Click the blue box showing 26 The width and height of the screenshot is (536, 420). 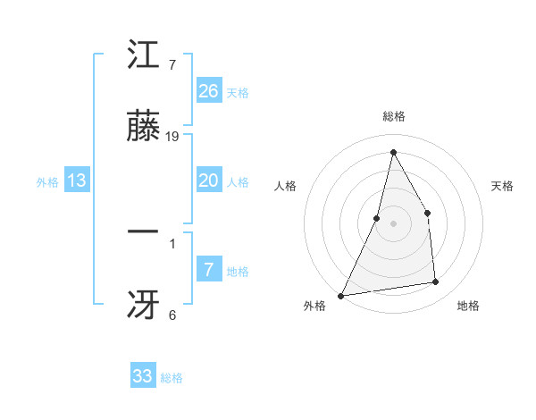pyautogui.click(x=208, y=91)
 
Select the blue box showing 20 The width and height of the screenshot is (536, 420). pyautogui.click(x=208, y=181)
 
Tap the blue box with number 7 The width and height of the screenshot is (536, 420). pyautogui.click(x=208, y=270)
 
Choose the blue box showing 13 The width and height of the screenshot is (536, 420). pyautogui.click(x=77, y=181)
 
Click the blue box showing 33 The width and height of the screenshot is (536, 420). pyautogui.click(x=143, y=376)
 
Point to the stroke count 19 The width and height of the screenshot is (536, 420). pyautogui.click(x=172, y=137)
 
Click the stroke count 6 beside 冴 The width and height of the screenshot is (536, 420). pyautogui.click(x=172, y=315)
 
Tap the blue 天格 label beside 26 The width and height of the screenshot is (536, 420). pyautogui.click(x=238, y=93)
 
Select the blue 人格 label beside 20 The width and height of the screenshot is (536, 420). pyautogui.click(x=238, y=182)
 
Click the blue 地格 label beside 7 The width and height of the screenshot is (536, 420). pyautogui.click(x=238, y=272)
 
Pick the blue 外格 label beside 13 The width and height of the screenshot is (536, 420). pyautogui.click(x=47, y=182)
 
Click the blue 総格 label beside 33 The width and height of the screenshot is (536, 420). pyautogui.click(x=172, y=378)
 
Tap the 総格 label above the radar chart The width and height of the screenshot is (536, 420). pyautogui.click(x=393, y=117)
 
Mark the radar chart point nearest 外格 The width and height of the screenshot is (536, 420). pyautogui.click(x=340, y=295)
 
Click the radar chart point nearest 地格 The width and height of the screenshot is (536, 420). pyautogui.click(x=436, y=281)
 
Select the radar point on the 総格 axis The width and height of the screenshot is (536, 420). pyautogui.click(x=393, y=152)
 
